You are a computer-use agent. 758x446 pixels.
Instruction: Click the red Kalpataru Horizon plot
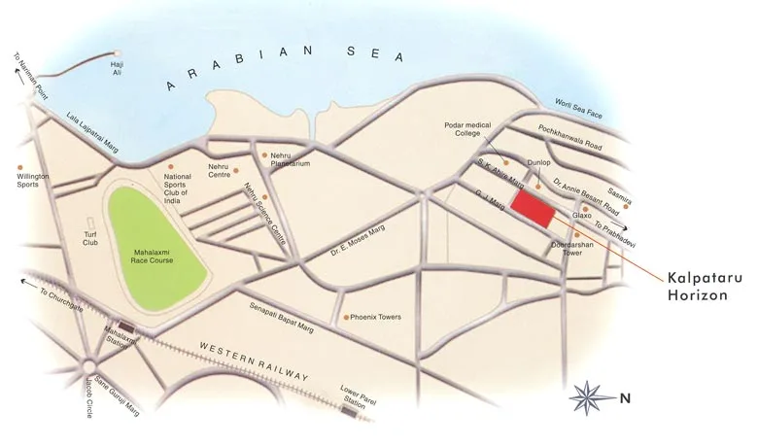534,207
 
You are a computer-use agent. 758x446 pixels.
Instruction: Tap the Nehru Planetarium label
289,160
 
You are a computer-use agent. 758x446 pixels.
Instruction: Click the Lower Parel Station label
357,394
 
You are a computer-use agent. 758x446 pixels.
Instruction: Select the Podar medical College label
465,129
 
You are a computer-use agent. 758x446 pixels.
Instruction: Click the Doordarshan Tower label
567,248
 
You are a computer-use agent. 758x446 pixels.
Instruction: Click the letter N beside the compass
626,396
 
